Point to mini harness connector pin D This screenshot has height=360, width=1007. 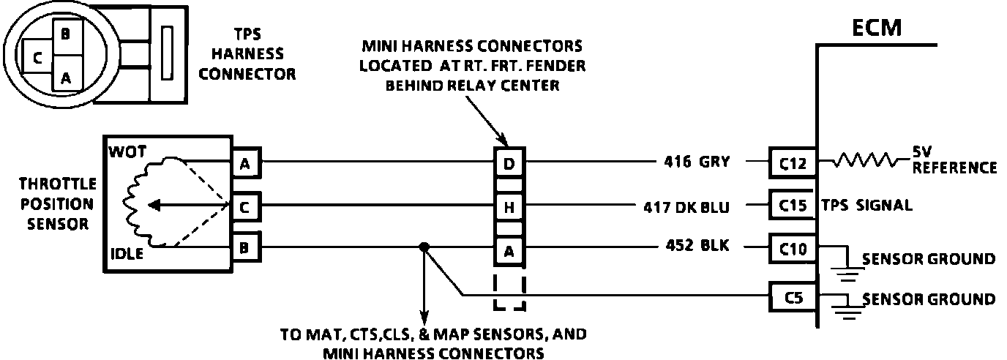[x=509, y=162]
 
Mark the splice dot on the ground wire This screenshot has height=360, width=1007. [x=423, y=247]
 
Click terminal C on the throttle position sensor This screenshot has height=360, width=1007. [x=244, y=207]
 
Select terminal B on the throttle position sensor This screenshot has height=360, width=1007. [x=244, y=247]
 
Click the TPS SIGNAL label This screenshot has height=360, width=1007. [x=867, y=206]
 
